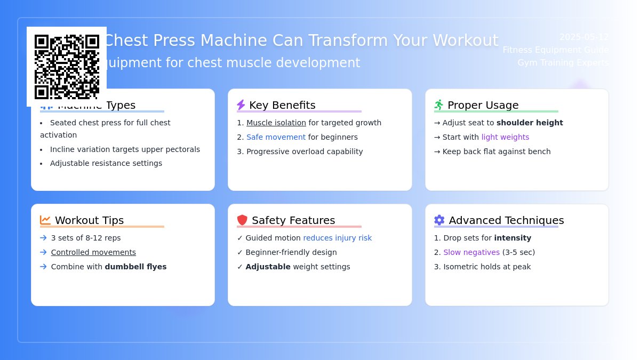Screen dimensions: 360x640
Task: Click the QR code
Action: [67, 67]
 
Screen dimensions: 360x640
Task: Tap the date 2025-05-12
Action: [583, 37]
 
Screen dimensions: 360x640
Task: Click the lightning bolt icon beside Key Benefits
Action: [241, 105]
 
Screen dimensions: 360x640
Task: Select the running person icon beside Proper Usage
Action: [439, 105]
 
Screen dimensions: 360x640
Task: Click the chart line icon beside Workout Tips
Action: [45, 220]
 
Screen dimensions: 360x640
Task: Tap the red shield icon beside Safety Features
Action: [242, 220]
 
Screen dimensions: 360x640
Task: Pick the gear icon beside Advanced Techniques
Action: [439, 220]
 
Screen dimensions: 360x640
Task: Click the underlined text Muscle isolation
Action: [276, 123]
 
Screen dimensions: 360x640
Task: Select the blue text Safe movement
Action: [276, 137]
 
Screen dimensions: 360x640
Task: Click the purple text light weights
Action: [505, 137]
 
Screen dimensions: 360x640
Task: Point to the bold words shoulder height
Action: [530, 123]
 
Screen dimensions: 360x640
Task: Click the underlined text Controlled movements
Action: [93, 252]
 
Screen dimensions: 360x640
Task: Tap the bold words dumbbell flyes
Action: [135, 267]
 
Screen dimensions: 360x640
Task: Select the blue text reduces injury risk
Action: [337, 238]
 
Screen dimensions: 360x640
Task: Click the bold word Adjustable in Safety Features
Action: [268, 267]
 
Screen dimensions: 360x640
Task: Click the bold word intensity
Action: [513, 238]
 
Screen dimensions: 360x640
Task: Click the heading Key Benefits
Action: [282, 105]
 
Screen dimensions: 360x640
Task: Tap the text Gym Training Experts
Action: [563, 62]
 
